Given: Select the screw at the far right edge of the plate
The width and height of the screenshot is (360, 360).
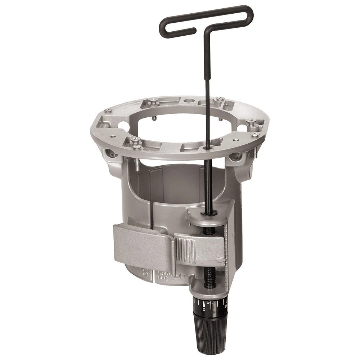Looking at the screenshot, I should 255,135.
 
